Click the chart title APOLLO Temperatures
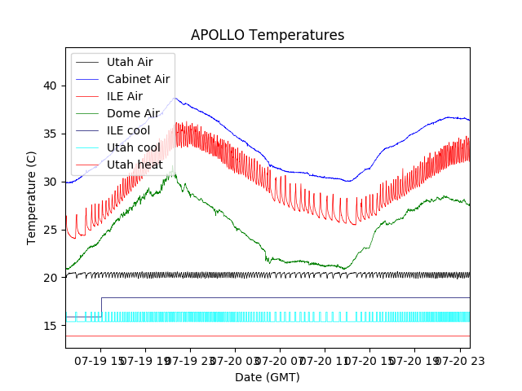(268, 36)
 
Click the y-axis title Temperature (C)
(32, 197)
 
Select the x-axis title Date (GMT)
(268, 377)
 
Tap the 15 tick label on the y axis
(51, 326)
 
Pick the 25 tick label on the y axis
(51, 230)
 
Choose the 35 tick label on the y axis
(51, 134)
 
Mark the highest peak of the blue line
(174, 99)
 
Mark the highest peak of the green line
(172, 167)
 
